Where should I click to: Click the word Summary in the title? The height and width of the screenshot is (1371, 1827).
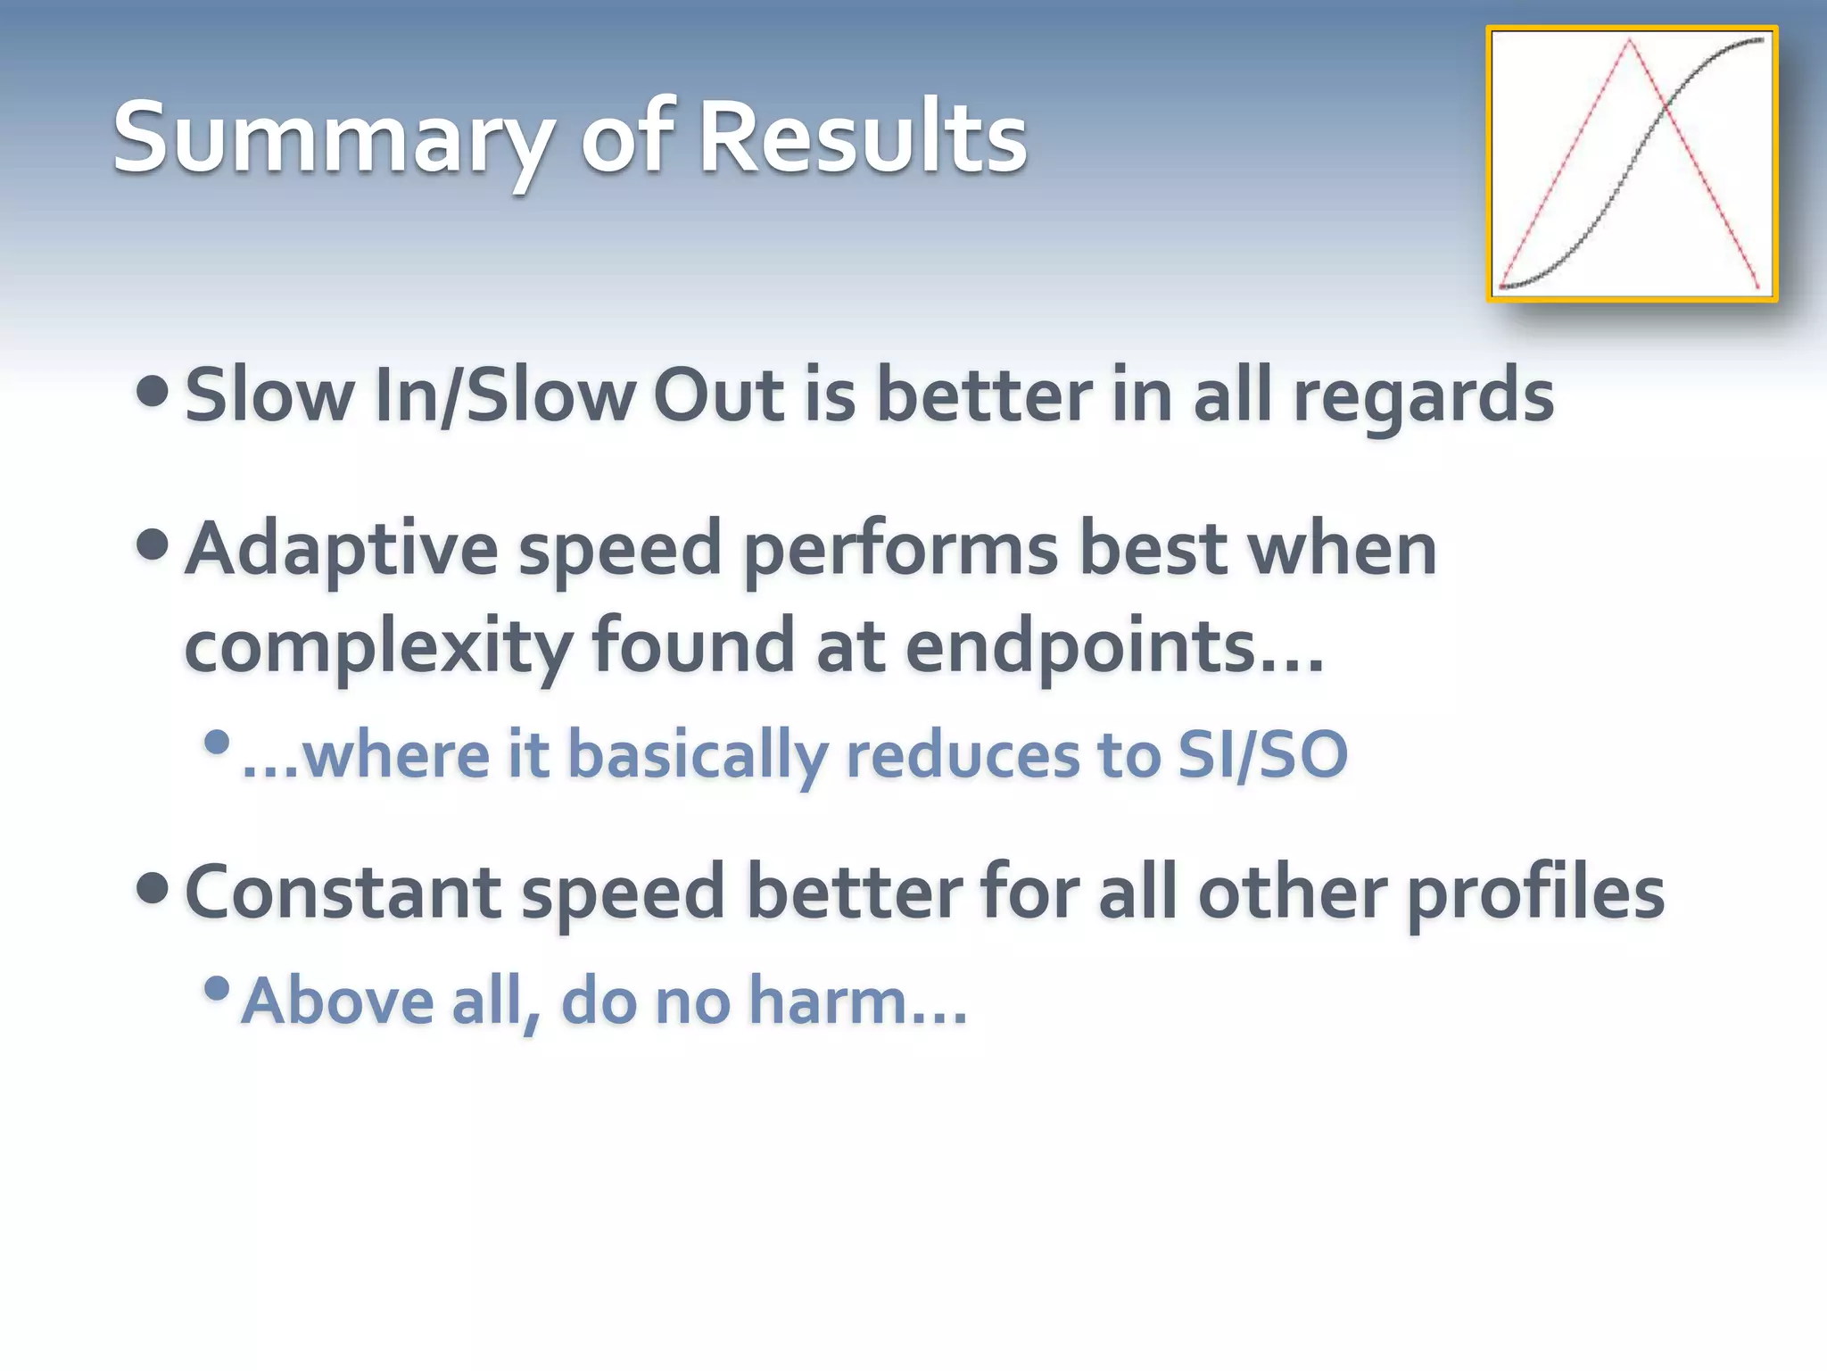coord(331,138)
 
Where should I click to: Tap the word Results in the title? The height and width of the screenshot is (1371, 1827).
coord(863,138)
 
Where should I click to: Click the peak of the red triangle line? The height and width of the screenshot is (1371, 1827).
coord(1629,39)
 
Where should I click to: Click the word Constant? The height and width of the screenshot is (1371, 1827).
coord(343,893)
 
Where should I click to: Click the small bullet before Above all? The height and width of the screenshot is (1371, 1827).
coord(217,988)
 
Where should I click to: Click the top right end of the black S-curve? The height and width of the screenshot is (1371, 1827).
coord(1761,40)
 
